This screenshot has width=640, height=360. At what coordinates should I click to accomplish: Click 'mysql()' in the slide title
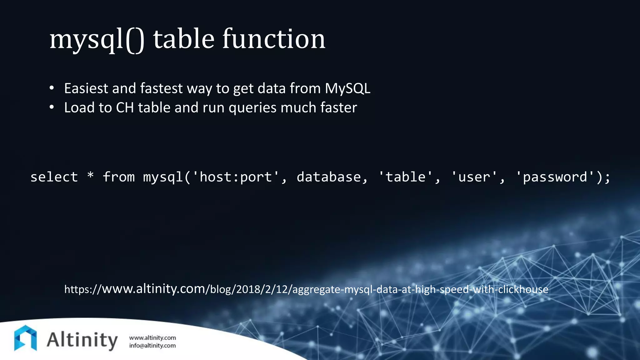(97, 39)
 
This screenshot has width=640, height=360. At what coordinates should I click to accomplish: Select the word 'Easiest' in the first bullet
(86, 88)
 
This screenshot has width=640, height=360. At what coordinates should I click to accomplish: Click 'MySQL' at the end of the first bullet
(347, 88)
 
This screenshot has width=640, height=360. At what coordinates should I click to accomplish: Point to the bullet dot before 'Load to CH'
(52, 107)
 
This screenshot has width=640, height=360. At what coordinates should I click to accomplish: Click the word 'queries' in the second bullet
(252, 108)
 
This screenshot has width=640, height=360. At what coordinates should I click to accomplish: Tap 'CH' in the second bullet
(125, 107)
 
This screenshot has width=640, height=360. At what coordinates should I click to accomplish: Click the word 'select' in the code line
(54, 177)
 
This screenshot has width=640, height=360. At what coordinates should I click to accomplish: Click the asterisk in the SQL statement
(91, 176)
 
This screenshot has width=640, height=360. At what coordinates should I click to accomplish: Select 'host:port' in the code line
(236, 177)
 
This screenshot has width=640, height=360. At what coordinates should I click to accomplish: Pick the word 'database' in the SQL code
(329, 177)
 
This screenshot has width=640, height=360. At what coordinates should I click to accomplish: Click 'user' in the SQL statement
(474, 177)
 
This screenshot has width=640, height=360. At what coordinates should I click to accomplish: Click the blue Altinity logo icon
(26, 338)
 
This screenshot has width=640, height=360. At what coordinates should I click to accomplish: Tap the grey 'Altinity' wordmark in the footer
(82, 340)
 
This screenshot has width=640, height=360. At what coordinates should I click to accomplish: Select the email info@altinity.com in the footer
(152, 346)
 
